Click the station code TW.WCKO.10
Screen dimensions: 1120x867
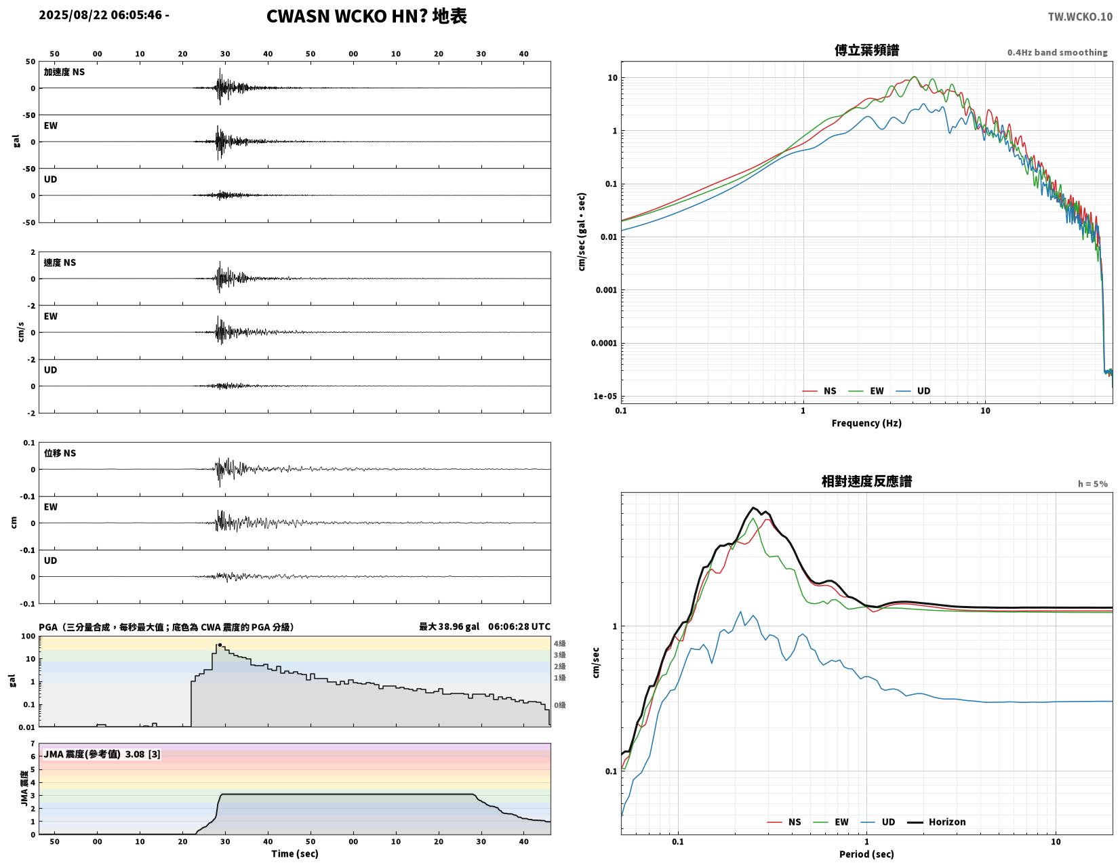point(1080,16)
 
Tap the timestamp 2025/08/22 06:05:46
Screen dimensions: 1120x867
point(100,14)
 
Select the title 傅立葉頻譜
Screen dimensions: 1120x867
point(866,50)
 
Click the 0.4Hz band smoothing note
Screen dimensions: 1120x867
point(1057,52)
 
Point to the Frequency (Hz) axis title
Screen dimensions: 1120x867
point(866,423)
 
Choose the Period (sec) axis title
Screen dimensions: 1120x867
point(866,854)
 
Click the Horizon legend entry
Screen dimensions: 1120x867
point(936,822)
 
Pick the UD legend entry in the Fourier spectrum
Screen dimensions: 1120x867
point(913,391)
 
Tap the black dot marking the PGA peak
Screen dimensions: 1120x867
point(220,645)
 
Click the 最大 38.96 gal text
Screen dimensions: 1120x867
point(449,626)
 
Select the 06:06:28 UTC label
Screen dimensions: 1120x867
point(519,626)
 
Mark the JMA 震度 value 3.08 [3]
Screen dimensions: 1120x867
point(142,754)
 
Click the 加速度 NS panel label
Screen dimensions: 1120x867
point(64,72)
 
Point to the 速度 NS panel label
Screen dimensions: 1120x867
point(60,263)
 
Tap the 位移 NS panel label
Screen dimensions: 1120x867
point(60,453)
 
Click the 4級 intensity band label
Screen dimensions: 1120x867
point(559,643)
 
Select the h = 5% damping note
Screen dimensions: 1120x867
point(1092,484)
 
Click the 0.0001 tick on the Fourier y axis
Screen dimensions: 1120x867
point(603,343)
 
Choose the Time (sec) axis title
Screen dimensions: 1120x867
point(295,853)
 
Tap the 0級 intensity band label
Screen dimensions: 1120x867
point(559,705)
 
